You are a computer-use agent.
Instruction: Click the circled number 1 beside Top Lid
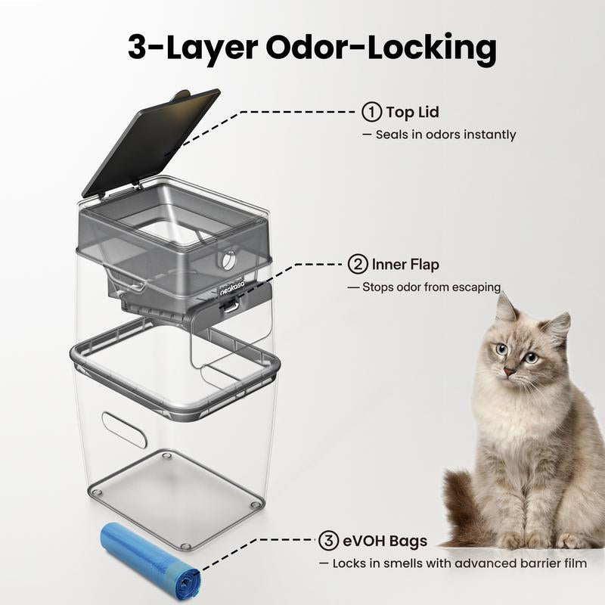coord(371,113)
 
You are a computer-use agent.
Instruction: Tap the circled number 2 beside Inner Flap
coord(357,265)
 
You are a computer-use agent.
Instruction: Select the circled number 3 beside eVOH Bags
coord(328,541)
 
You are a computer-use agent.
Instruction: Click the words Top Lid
coord(412,113)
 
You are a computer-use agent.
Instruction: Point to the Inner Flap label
coord(405,265)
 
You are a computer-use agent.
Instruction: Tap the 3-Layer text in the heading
coord(191,47)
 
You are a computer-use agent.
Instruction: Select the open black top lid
coord(151,140)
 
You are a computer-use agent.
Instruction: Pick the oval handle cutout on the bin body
coord(124,430)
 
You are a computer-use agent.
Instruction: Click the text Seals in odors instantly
coord(445,135)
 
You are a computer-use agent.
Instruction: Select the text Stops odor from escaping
coord(423,287)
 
